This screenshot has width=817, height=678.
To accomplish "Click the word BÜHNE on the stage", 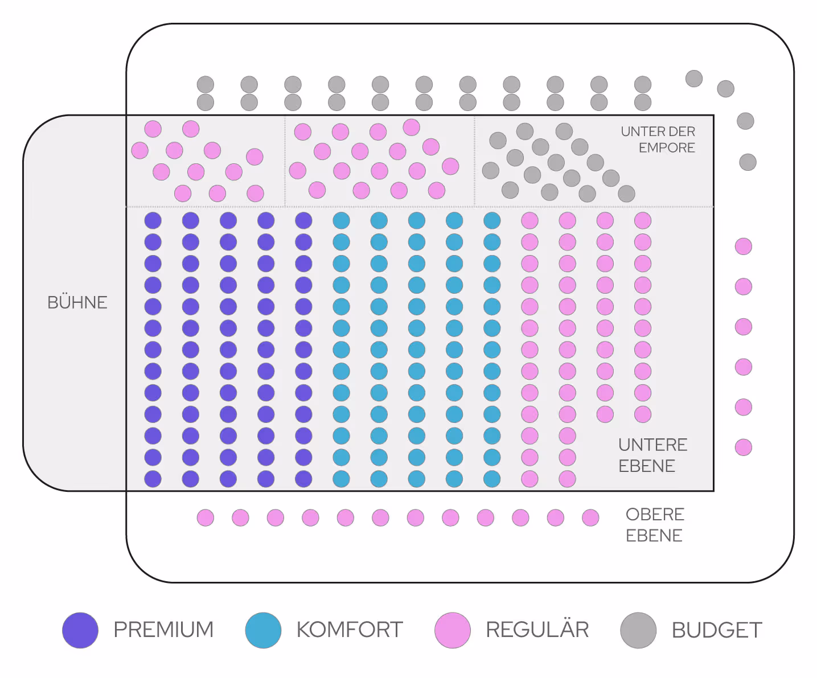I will tap(77, 302).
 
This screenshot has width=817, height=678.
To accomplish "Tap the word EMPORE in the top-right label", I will tap(667, 148).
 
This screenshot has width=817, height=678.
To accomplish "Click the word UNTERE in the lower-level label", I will tap(653, 445).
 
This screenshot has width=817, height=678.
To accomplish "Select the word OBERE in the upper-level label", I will tap(655, 515).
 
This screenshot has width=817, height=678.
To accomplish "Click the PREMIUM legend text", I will tap(163, 630).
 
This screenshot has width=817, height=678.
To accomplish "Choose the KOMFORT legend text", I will tap(350, 630).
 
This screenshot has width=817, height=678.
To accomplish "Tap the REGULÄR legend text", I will tap(537, 630).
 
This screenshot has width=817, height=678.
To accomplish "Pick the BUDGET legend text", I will tap(717, 630).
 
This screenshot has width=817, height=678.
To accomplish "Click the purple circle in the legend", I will tap(80, 630).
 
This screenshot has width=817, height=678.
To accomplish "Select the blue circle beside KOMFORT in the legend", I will tap(263, 630).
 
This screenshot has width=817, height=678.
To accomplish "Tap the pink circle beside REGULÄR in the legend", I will tap(453, 630).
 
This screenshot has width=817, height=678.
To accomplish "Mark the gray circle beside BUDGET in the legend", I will tap(638, 630).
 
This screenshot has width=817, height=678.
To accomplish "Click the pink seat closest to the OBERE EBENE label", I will tap(590, 517).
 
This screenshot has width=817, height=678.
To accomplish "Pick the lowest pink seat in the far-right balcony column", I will tap(744, 447).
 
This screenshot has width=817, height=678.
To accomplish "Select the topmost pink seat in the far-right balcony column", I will tap(744, 246).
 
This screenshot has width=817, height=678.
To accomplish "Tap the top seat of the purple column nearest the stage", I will tap(153, 220).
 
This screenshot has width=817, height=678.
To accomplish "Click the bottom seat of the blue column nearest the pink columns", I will tap(492, 479).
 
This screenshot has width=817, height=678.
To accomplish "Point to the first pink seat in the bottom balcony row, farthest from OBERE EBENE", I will tap(206, 517).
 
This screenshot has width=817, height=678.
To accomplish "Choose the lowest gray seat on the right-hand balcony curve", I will tap(748, 162).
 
